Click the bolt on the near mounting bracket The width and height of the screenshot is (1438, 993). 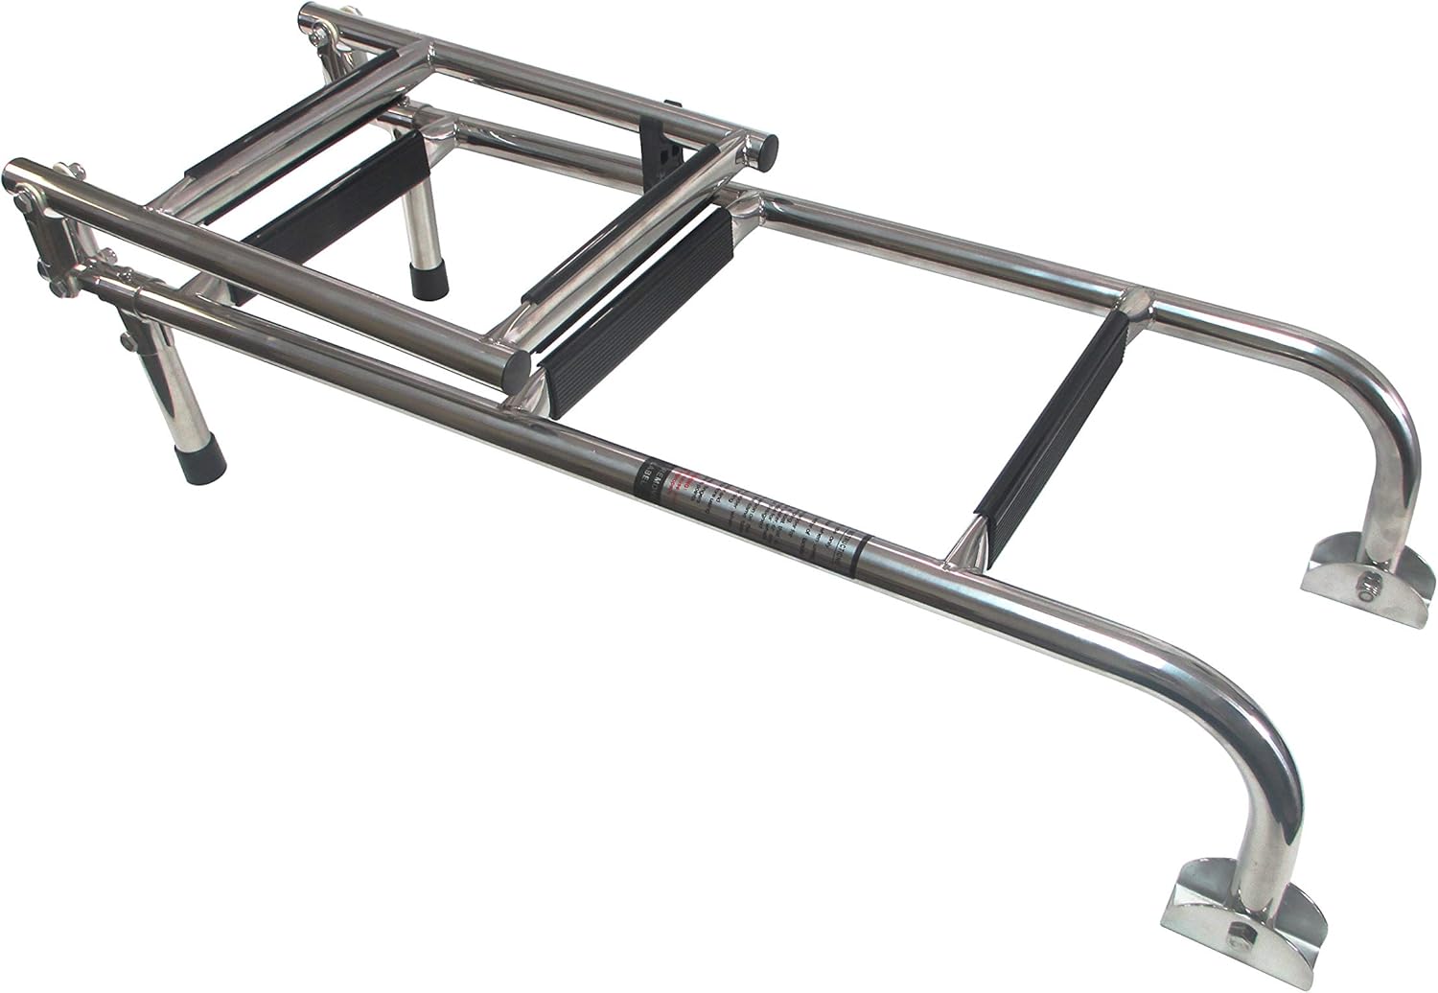pos(1238,955)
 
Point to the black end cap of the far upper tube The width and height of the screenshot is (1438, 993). pos(763,149)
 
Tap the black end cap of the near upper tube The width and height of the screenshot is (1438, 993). pos(517,365)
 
